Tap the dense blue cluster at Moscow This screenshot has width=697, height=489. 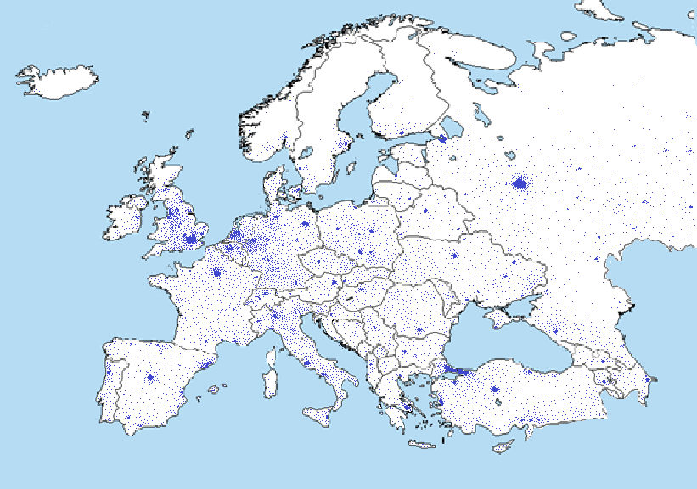(520, 183)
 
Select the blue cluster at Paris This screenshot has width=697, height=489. (217, 273)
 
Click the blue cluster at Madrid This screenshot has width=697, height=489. (150, 378)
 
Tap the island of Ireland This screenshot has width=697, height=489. (124, 220)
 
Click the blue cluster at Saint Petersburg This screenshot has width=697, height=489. (441, 138)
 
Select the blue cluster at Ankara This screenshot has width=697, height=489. (495, 391)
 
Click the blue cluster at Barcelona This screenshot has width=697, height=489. (206, 365)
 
